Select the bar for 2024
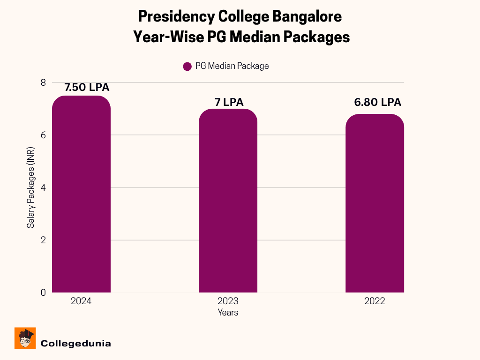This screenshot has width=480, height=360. tap(81, 195)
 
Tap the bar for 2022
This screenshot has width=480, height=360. tap(375, 203)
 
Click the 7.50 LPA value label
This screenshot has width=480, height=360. tap(87, 88)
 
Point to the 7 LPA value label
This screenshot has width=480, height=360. tap(229, 102)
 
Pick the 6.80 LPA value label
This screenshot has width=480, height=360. tap(378, 103)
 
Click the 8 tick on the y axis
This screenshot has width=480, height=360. tap(43, 82)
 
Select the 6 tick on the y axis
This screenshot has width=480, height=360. tap(43, 135)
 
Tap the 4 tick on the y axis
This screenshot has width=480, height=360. tap(43, 187)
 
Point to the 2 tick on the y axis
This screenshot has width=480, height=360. tap(43, 240)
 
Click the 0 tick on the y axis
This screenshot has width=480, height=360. tap(43, 292)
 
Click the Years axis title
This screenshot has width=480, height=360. tap(228, 312)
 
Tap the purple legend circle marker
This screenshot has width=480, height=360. tap(187, 66)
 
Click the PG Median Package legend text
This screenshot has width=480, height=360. tap(232, 66)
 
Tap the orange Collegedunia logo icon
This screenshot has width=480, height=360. tap(25, 338)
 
